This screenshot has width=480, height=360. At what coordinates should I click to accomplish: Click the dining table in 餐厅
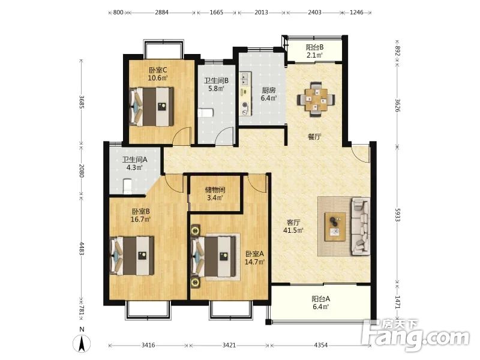point(316,99)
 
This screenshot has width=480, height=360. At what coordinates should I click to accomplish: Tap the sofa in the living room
point(361,227)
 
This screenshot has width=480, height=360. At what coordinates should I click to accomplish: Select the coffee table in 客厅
point(335,227)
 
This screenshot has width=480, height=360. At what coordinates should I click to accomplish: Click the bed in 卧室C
point(152,107)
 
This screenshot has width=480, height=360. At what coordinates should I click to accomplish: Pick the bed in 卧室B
point(132,256)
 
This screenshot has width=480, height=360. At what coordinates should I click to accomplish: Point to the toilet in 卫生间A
point(127,187)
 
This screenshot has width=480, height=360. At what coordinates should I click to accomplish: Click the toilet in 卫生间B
point(205,113)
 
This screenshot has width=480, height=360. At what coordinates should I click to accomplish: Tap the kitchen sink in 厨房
point(245,79)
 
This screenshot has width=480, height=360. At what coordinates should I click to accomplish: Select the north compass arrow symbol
point(82,343)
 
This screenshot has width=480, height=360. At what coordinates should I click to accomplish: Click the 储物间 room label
point(215,190)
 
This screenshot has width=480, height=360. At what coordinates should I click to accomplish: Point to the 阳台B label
point(314,47)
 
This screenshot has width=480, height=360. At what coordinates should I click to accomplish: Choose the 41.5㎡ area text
point(293,230)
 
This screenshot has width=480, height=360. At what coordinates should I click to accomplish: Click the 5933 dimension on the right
point(397,215)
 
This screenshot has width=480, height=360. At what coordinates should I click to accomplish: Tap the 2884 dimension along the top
point(161,13)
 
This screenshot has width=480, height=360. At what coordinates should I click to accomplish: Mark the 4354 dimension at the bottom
point(320,345)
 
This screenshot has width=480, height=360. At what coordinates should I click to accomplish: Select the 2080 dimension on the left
point(82,170)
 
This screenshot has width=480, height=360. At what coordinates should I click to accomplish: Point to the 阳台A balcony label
point(321,299)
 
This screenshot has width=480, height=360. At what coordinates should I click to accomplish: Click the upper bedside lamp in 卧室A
point(194,230)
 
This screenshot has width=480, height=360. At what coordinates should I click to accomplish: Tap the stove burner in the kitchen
point(245,105)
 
